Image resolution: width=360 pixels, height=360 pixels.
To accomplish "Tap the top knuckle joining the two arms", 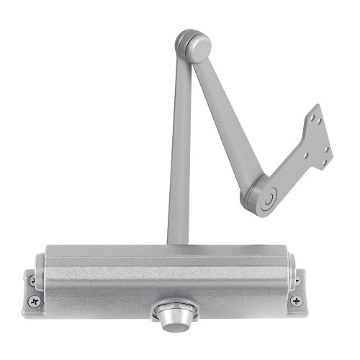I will (x=193, y=46).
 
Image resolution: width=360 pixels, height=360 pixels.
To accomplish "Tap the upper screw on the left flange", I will (x=32, y=279).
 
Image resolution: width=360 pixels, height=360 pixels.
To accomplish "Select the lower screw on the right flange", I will (x=295, y=299).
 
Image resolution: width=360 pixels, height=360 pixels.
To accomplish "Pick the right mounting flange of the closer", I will (x=295, y=289).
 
